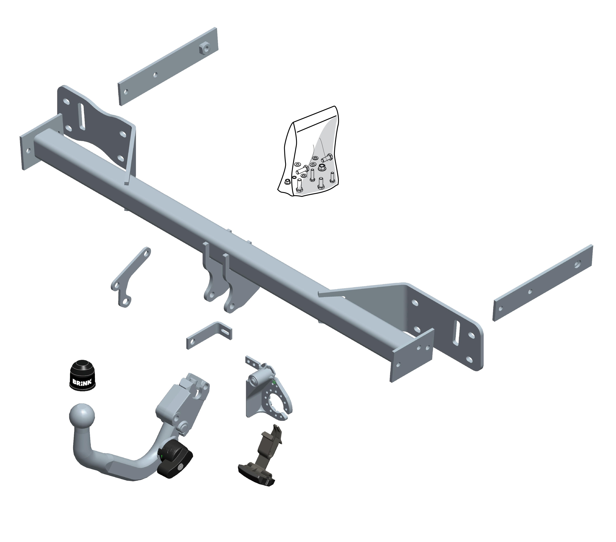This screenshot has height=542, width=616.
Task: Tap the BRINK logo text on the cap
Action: tap(82, 382)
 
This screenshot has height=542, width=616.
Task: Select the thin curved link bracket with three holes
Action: tap(131, 277)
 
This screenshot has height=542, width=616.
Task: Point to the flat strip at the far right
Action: tap(542, 283)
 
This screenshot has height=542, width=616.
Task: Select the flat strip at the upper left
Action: tap(168, 66)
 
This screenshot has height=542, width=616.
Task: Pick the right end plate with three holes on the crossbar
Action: tap(412, 355)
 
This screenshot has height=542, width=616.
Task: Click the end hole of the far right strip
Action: tap(577, 264)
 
